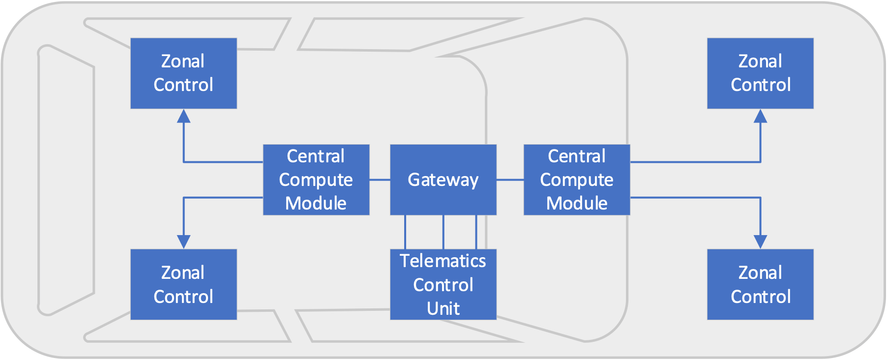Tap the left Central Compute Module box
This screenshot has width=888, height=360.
(316, 180)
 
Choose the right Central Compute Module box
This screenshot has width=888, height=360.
(577, 180)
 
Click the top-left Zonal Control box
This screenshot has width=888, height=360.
(183, 73)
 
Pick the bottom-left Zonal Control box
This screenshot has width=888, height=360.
(183, 284)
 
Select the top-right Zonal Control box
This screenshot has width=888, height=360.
(760, 73)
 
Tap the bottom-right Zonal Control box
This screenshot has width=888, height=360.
(760, 284)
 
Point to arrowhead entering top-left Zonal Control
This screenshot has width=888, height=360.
(183, 116)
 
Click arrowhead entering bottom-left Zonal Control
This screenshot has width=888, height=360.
(183, 241)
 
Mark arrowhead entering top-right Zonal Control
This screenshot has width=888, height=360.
(760, 116)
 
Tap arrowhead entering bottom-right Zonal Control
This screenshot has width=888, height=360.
(760, 241)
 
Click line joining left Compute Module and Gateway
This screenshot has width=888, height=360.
(380, 180)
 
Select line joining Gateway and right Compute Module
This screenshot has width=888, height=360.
(510, 180)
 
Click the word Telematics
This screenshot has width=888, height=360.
(443, 261)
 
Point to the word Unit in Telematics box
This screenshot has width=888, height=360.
(443, 309)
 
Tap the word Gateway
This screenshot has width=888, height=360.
(443, 180)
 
